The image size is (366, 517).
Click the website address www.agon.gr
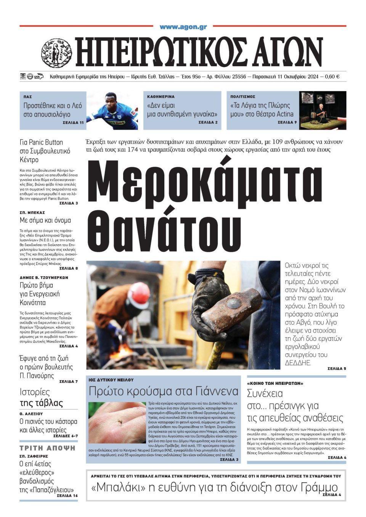(183, 27)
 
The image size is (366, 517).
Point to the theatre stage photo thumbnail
(323, 110)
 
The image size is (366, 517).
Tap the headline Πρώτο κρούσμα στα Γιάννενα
(163, 391)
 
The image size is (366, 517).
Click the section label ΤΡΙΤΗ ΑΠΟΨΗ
(48, 448)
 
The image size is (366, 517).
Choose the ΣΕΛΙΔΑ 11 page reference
(73, 123)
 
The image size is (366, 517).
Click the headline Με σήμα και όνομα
(45, 220)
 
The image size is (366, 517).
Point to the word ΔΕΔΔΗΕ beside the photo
(299, 363)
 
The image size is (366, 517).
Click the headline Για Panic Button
(41, 142)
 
